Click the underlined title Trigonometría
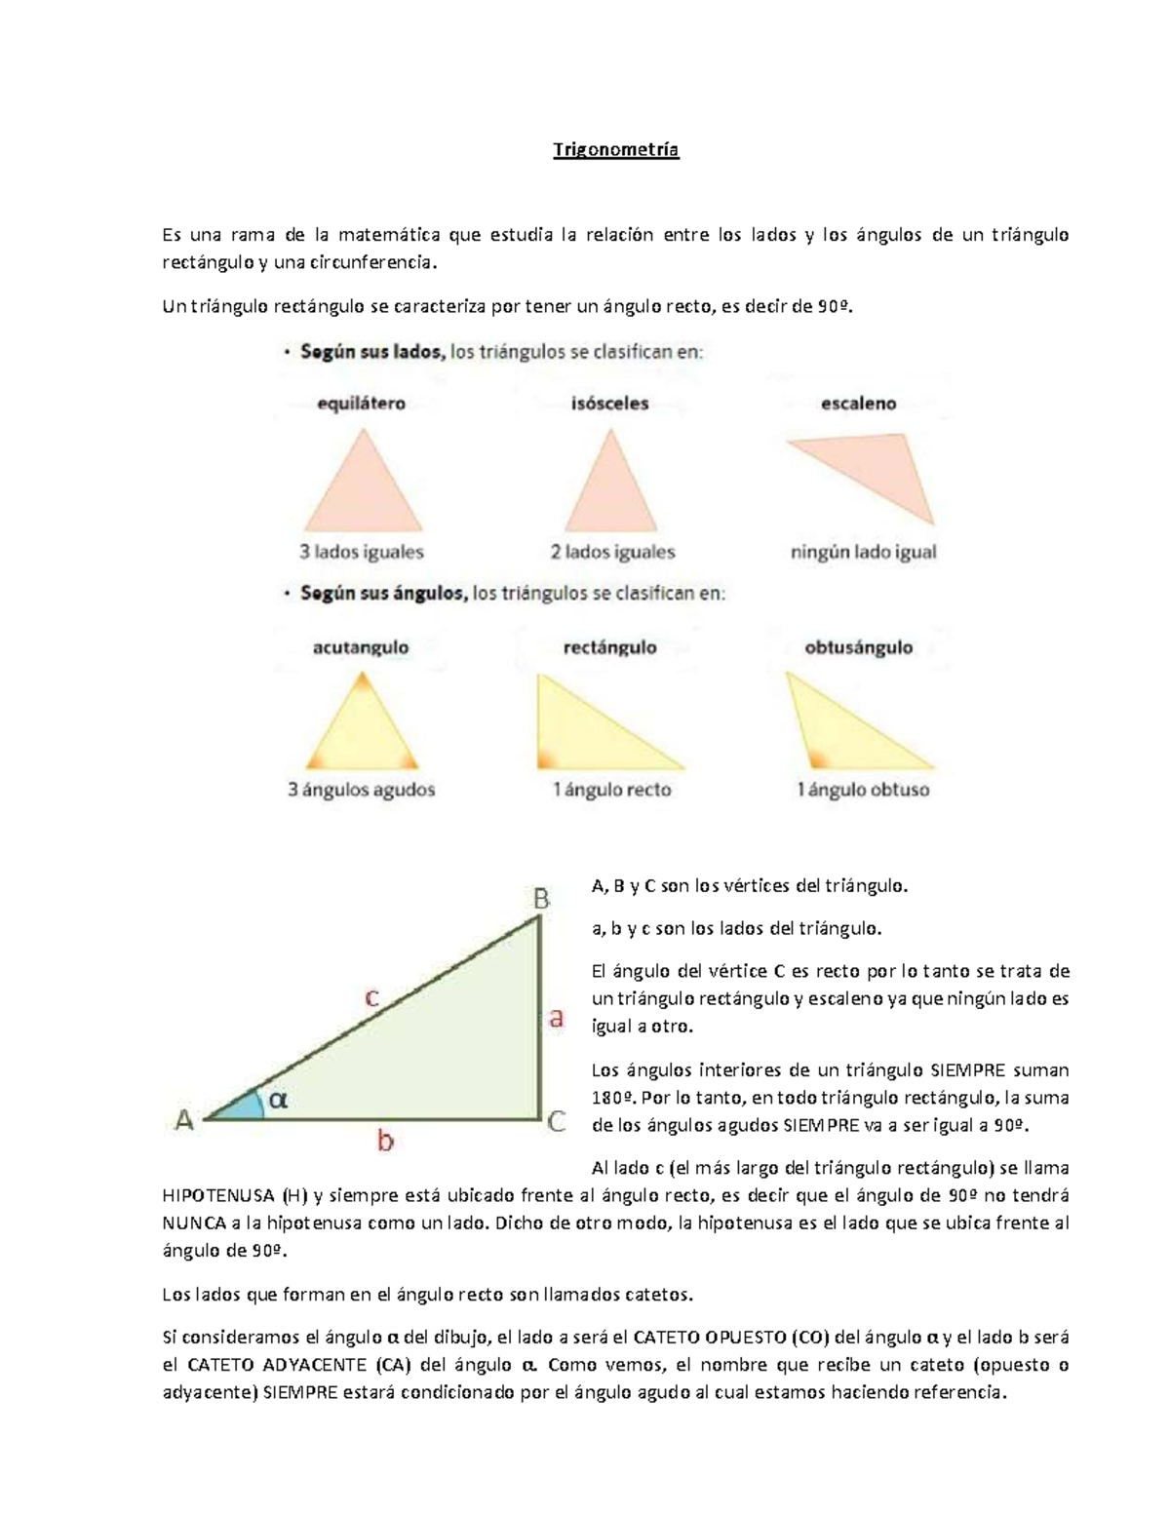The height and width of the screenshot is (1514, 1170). tap(615, 150)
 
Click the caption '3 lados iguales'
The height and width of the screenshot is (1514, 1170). tap(361, 552)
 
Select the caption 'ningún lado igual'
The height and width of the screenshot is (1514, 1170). tap(863, 552)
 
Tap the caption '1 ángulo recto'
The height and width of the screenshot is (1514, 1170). tap(611, 790)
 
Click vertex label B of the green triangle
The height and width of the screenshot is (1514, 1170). tap(540, 898)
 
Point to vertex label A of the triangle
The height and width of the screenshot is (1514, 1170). tap(184, 1121)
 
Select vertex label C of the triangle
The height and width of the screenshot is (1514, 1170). tap(557, 1122)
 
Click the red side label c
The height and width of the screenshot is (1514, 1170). tap(371, 998)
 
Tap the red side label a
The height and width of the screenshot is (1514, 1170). tap(556, 1019)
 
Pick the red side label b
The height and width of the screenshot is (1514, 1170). tap(385, 1140)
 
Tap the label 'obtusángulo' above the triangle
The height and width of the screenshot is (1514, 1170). tap(858, 647)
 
